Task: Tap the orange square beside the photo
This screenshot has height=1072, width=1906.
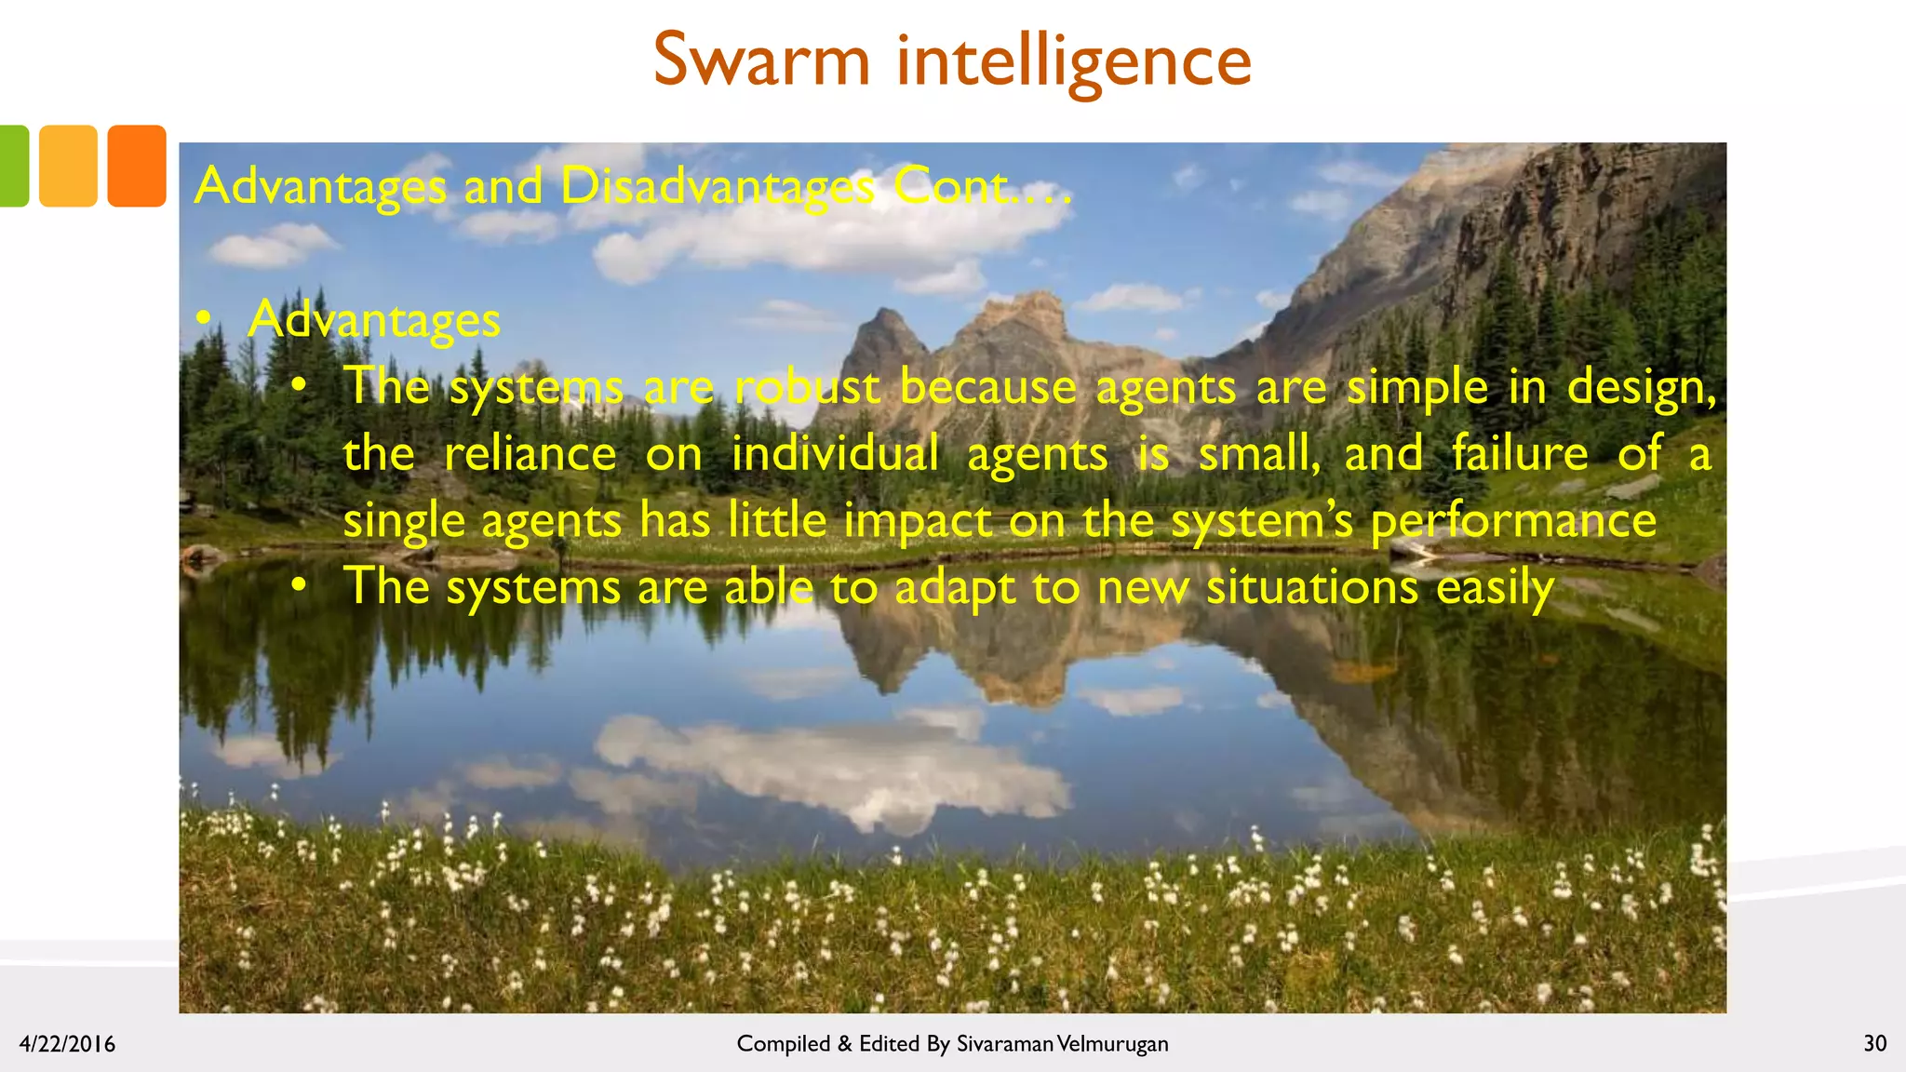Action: [137, 166]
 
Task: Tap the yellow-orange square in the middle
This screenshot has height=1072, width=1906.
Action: [68, 166]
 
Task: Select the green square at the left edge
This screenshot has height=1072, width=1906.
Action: [13, 166]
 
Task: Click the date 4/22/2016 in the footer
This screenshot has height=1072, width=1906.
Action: [67, 1044]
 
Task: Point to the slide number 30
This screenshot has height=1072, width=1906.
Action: [1874, 1044]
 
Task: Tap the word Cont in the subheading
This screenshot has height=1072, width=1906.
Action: [951, 186]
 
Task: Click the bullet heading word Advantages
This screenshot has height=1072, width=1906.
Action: [374, 320]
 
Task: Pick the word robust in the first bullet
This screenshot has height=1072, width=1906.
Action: [807, 386]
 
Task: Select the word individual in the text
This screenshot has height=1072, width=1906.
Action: [835, 454]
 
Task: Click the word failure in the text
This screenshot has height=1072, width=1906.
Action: [1520, 454]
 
